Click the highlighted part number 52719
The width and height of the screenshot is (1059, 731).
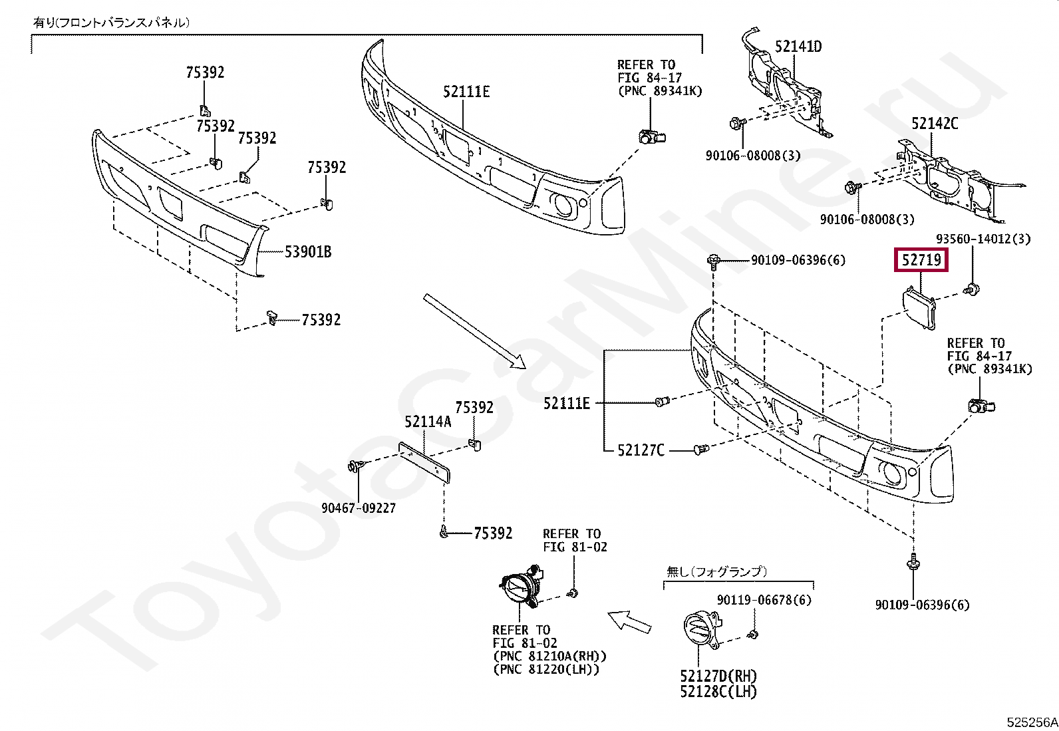tap(921, 260)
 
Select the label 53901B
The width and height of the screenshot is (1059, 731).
tap(308, 252)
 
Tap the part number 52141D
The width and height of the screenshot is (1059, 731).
tap(798, 47)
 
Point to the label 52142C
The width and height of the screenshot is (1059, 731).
tap(935, 124)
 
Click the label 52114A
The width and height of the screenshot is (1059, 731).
tap(428, 422)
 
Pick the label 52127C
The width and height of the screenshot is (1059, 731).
tap(641, 450)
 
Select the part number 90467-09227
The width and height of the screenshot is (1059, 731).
tap(359, 508)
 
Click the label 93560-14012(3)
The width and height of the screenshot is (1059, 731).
tap(983, 238)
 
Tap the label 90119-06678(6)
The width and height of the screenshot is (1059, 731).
tap(764, 600)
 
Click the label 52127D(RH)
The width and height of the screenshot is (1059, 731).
tap(718, 676)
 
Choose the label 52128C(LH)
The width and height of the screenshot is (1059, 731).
tap(718, 692)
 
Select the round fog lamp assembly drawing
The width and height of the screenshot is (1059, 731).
tap(520, 589)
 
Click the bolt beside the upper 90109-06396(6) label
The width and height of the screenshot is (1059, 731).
tap(714, 260)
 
